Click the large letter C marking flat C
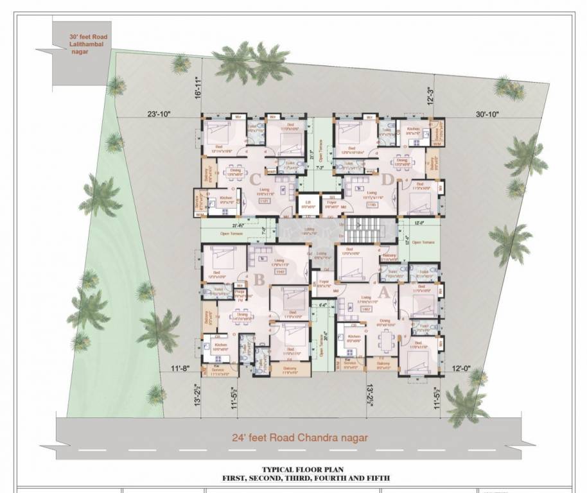coord(256,179)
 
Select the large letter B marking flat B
coord(260,280)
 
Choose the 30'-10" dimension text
coord(487,114)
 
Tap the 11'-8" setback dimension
coord(182,368)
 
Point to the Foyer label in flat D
coord(332,205)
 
